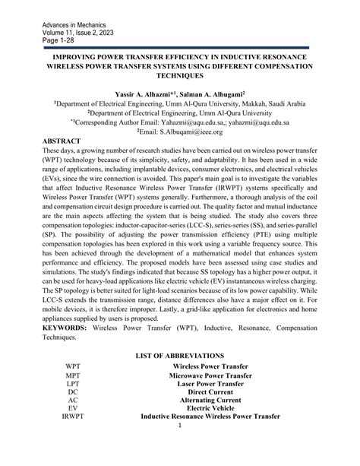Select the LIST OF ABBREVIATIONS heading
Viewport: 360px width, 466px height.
coord(180,356)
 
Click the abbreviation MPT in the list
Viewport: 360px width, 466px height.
coord(73,376)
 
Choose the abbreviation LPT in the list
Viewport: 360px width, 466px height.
coord(73,385)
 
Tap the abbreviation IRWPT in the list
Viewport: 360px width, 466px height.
coord(73,417)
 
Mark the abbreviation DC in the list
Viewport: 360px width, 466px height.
coord(73,392)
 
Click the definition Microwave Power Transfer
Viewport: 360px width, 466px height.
coord(211,376)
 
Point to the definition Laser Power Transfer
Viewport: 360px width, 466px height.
coord(211,385)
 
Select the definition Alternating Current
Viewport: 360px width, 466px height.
coord(211,401)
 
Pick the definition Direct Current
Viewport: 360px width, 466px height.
coord(211,392)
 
